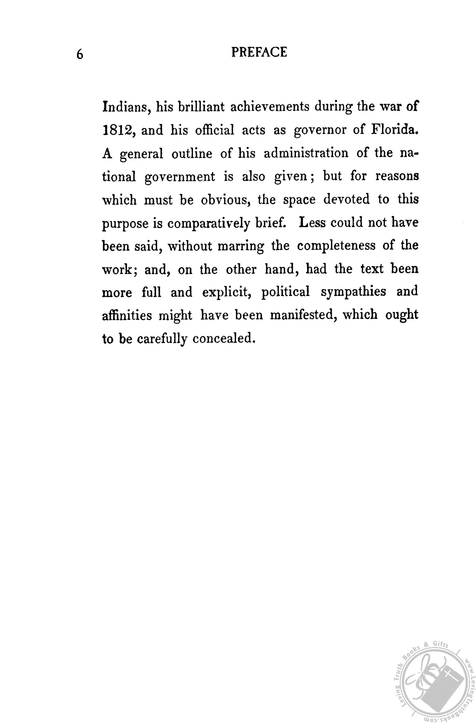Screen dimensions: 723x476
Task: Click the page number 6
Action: point(80,55)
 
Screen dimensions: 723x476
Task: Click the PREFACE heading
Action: point(259,52)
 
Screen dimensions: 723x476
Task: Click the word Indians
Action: point(125,107)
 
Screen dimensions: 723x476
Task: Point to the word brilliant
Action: point(201,107)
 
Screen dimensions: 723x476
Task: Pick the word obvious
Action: point(225,200)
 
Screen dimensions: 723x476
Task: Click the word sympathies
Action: point(353,292)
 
